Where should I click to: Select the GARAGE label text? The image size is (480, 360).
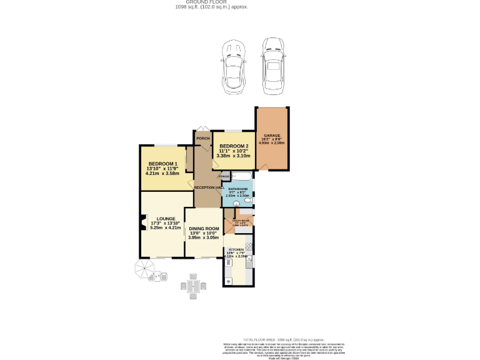point(271,136)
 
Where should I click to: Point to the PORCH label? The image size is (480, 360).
point(202,138)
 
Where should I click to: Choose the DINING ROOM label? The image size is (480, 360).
point(204,229)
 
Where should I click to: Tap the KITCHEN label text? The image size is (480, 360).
point(235,249)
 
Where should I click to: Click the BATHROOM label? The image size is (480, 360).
point(238,189)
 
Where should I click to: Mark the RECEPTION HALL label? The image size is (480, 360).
point(209,187)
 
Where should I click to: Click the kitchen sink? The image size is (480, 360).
point(249,266)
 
